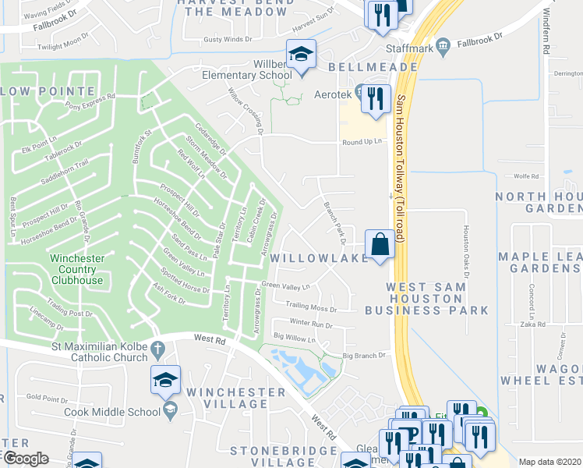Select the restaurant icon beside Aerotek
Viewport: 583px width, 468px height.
pyautogui.click(x=376, y=98)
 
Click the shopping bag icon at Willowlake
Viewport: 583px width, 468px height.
pyautogui.click(x=379, y=243)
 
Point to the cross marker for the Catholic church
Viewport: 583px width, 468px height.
pyautogui.click(x=157, y=347)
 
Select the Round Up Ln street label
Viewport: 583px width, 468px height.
pyautogui.click(x=363, y=142)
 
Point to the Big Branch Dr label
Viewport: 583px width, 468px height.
pyautogui.click(x=364, y=356)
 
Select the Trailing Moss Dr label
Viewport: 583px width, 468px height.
pyautogui.click(x=311, y=308)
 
